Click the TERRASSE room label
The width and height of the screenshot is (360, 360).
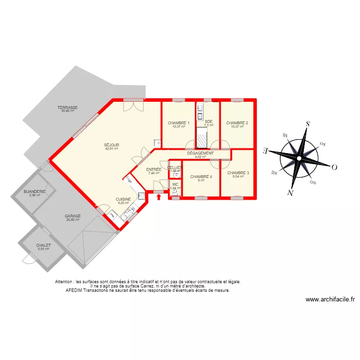coord(68,108)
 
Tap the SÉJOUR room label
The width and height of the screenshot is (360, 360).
coord(111,145)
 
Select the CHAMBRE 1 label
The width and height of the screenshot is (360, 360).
coord(179,123)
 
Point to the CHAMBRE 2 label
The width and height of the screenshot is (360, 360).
coord(237,123)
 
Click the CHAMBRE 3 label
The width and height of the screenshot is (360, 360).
coord(238,173)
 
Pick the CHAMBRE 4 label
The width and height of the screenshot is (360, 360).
coord(201,177)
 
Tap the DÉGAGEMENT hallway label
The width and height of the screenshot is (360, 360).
coord(200,153)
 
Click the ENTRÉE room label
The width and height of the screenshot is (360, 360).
coord(154,169)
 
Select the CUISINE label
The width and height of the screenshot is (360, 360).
coord(123,199)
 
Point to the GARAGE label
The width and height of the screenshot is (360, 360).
coord(73,216)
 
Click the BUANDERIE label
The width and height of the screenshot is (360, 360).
coord(34,192)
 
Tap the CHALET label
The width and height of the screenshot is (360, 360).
coord(43,245)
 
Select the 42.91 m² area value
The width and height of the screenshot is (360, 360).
coord(111,149)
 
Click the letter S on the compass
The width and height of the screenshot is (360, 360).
coord(307,124)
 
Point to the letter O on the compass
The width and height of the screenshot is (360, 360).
coord(335,167)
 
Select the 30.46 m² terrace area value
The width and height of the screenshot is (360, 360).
coord(68,111)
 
